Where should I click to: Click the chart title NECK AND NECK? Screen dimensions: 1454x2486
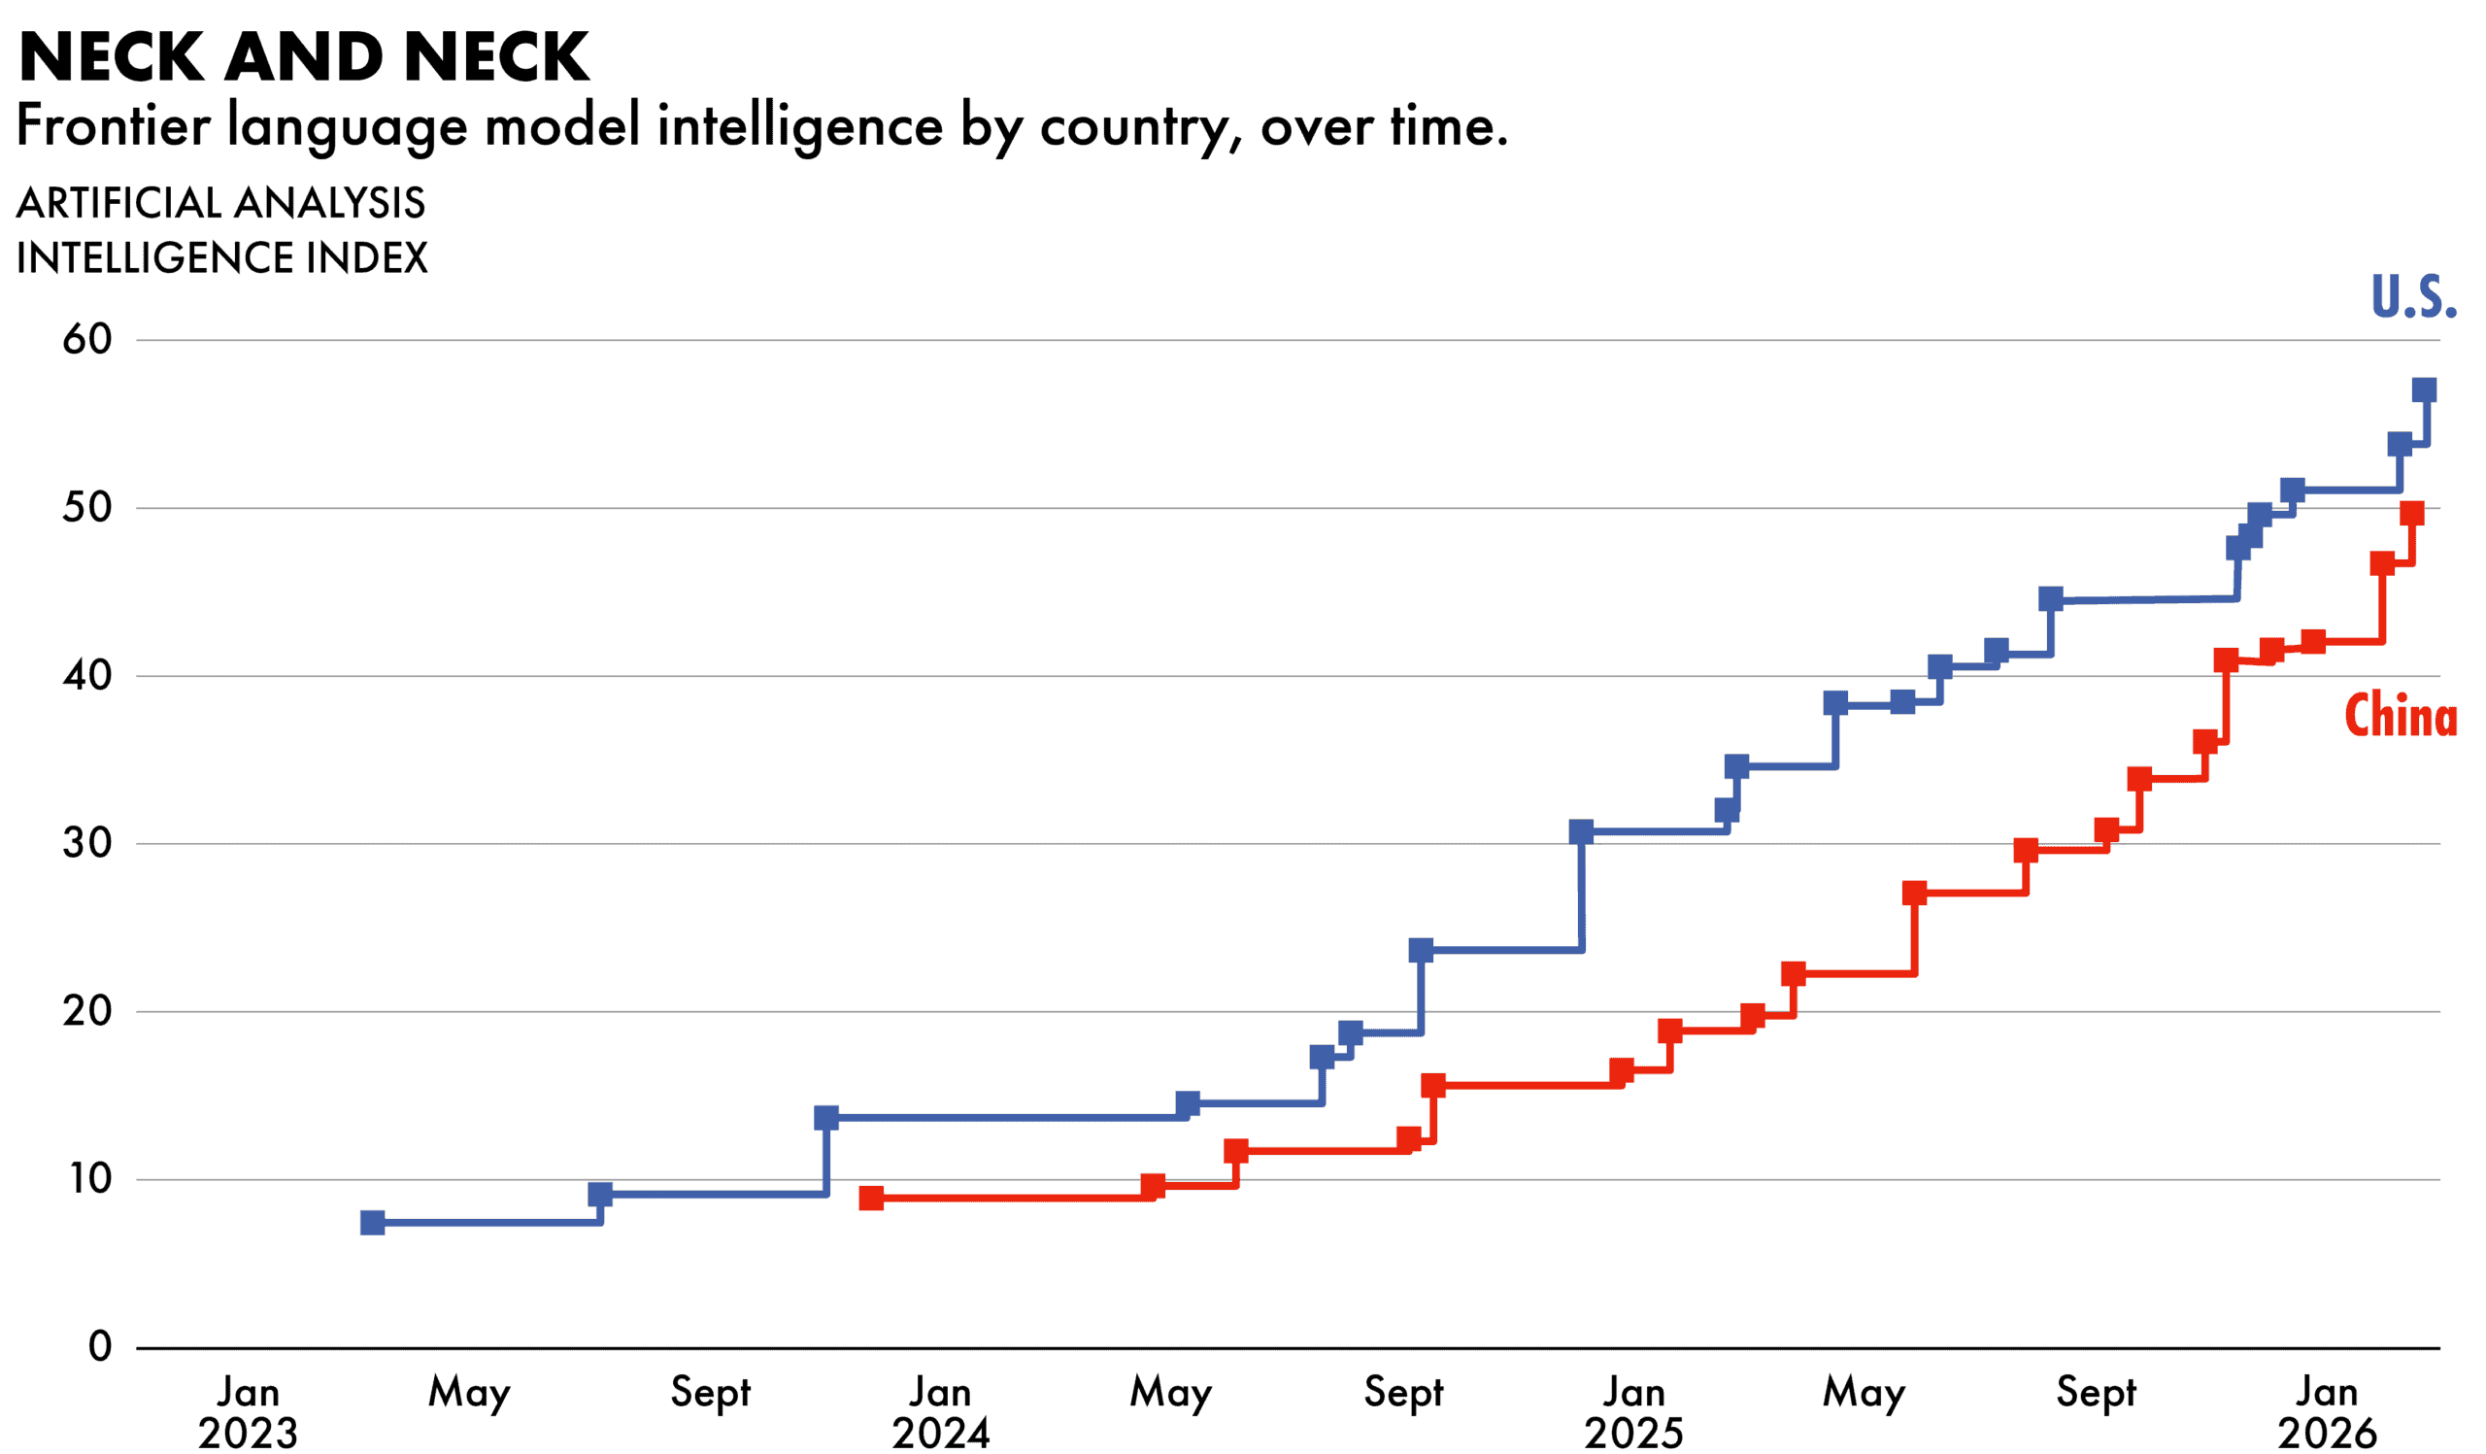(x=304, y=57)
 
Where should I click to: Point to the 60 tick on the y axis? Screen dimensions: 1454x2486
(x=87, y=339)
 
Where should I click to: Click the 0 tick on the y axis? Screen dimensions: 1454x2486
(x=100, y=1346)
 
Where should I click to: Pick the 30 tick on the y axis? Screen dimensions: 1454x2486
(x=87, y=843)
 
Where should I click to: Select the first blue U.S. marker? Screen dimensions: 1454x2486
(x=372, y=1223)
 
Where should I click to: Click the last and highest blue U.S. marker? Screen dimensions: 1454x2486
(x=2424, y=389)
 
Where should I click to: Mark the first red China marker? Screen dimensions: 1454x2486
(x=871, y=1199)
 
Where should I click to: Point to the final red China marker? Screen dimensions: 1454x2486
(x=2411, y=513)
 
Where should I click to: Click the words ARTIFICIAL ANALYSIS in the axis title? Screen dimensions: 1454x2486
(x=221, y=203)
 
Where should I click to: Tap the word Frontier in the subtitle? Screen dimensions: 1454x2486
(x=114, y=126)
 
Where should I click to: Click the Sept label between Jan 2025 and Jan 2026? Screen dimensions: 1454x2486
(x=2096, y=1393)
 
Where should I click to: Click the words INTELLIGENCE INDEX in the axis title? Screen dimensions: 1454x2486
(x=222, y=258)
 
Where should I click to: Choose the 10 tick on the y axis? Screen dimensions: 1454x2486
(x=87, y=1179)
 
